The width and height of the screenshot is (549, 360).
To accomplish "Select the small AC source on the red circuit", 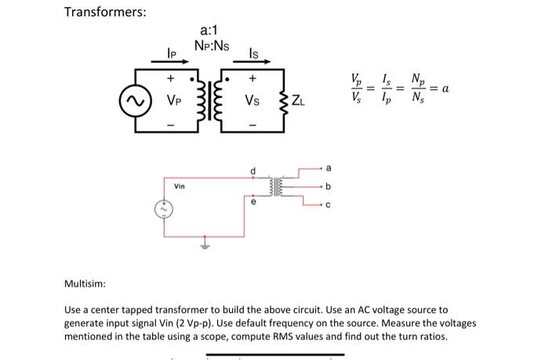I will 162,209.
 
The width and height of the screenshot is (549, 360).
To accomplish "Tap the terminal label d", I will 253,169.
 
